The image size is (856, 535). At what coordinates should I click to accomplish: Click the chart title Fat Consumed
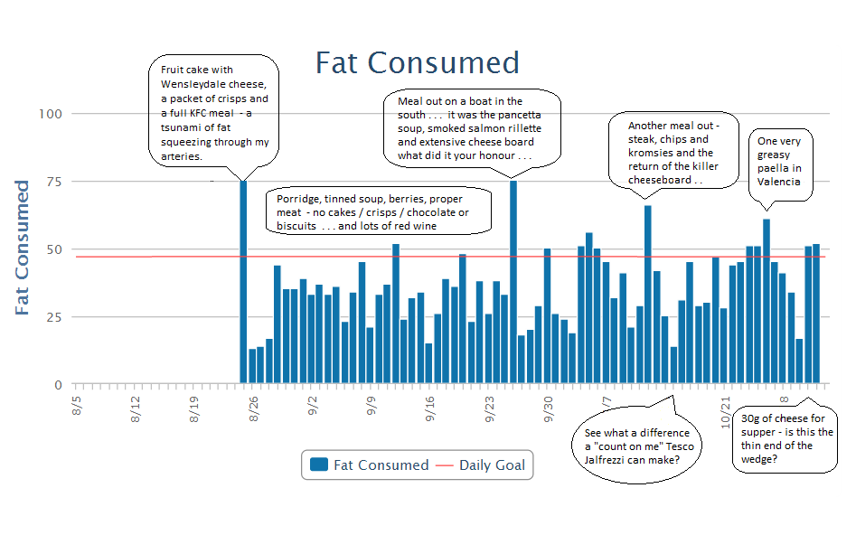tap(418, 63)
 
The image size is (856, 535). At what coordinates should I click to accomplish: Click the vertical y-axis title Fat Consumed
tap(23, 248)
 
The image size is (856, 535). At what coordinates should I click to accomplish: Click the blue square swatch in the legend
tap(318, 465)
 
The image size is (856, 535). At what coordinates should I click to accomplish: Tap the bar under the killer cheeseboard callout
tap(648, 295)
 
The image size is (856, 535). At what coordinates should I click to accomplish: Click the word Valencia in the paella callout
tap(779, 182)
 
